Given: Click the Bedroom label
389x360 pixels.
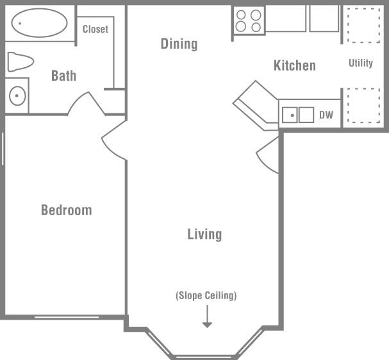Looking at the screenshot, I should click(x=66, y=210).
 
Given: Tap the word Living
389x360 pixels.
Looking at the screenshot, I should click(x=204, y=234).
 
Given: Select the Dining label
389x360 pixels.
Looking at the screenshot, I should click(x=179, y=44).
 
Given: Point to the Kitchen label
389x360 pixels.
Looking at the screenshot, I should click(x=294, y=65).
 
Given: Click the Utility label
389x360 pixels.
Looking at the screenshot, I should click(x=360, y=63).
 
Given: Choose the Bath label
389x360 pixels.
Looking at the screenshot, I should click(x=63, y=76).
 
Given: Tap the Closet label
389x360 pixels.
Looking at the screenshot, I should click(x=95, y=29).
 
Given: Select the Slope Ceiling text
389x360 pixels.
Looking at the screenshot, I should click(x=206, y=295).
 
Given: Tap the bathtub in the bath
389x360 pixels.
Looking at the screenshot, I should click(x=39, y=23).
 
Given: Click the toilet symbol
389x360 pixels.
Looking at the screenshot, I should click(x=20, y=62).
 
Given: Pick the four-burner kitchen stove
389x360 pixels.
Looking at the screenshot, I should click(x=249, y=20).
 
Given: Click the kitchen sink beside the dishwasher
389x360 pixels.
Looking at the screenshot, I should click(x=298, y=115).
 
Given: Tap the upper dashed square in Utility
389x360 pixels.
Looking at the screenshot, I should click(x=363, y=25).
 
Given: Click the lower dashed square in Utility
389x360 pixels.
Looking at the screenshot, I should click(x=363, y=104).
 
